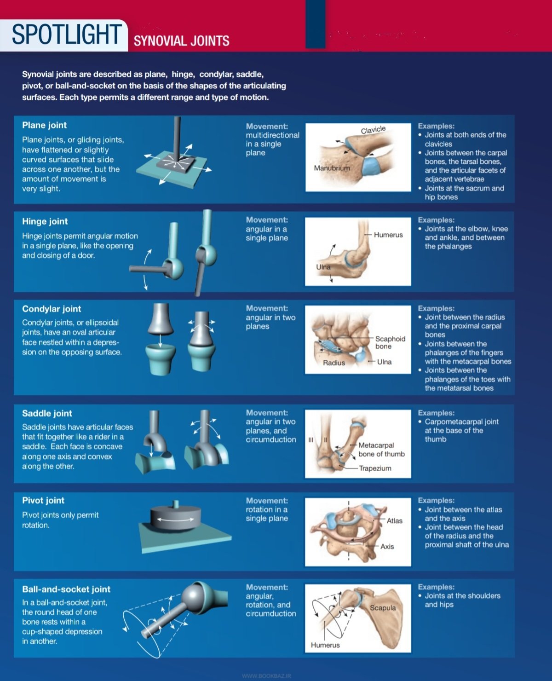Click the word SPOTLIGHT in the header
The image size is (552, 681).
(66, 35)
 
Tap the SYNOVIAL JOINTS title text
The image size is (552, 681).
(181, 41)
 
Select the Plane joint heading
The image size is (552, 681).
(44, 125)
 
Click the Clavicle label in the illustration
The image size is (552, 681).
(373, 130)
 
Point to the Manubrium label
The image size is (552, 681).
(332, 168)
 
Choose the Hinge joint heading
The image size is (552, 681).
(45, 221)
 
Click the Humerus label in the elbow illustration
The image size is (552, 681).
(388, 235)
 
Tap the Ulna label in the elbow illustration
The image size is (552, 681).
(323, 267)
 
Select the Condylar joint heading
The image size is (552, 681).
(52, 309)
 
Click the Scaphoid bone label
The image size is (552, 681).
(390, 342)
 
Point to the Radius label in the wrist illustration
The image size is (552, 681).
(333, 363)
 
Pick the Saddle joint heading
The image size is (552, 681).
(47, 413)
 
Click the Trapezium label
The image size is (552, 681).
(375, 468)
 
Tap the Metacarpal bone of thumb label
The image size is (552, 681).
(381, 450)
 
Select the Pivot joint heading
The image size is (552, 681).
(43, 501)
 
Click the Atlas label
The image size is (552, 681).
(394, 520)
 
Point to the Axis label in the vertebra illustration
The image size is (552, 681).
(387, 547)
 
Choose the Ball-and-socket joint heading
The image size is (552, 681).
(66, 589)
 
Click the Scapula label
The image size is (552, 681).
(383, 608)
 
